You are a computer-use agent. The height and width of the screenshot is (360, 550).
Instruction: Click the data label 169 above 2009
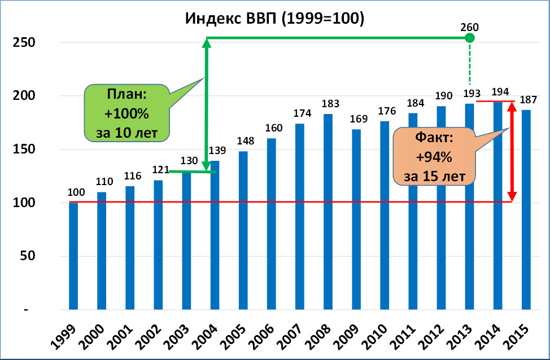358,120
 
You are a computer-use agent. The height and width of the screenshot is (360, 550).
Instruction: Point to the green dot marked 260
470,38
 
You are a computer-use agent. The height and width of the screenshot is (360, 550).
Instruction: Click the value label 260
470,27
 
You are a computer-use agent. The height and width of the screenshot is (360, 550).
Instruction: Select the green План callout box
126,113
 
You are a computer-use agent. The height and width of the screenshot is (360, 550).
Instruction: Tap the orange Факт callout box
434,156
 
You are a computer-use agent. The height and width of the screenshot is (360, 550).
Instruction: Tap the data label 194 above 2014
499,91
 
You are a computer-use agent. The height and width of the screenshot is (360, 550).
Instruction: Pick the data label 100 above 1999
76,193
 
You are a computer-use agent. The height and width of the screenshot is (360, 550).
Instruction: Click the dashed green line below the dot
470,65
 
